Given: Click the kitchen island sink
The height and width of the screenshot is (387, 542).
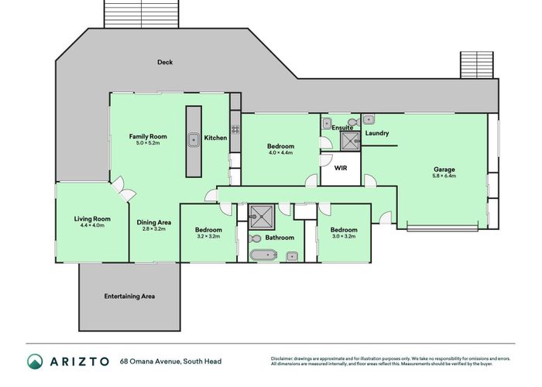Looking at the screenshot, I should [x=194, y=139].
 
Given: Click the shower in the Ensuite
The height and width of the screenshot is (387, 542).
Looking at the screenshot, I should [x=350, y=140].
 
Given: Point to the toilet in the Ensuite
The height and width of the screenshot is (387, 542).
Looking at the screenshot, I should [x=352, y=122].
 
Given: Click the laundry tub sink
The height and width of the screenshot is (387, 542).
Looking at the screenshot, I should [x=369, y=119].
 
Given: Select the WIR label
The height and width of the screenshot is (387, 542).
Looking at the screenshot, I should [x=340, y=167].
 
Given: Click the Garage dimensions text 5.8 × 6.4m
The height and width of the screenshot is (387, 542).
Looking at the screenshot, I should [x=444, y=176].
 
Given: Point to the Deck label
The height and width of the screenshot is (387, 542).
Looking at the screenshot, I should [x=164, y=62].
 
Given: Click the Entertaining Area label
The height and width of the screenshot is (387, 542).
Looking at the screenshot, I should [x=129, y=296].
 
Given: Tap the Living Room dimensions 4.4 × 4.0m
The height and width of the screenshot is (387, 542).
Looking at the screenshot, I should [x=92, y=225].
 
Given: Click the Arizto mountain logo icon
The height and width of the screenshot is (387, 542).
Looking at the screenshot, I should [x=36, y=361].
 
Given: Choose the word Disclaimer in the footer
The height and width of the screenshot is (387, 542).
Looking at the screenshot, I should [x=285, y=358].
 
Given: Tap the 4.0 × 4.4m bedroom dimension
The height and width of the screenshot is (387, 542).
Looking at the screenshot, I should [x=280, y=152].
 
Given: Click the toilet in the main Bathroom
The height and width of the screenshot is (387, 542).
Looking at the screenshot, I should [x=292, y=256].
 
